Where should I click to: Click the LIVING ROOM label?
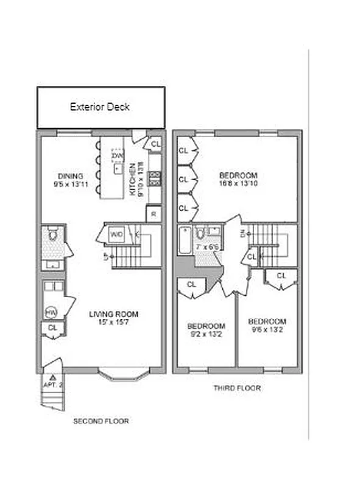(x=113, y=314)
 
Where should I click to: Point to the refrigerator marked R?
(x=154, y=214)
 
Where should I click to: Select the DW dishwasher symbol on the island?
(x=117, y=156)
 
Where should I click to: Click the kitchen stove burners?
(x=155, y=178)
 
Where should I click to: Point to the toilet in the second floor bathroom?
(x=52, y=234)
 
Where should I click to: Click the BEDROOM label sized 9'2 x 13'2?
(x=205, y=326)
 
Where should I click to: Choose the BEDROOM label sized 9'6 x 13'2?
(x=267, y=321)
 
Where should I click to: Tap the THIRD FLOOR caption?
(x=237, y=388)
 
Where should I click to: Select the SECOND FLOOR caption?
(x=101, y=421)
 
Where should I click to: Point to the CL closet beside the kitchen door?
(x=155, y=144)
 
